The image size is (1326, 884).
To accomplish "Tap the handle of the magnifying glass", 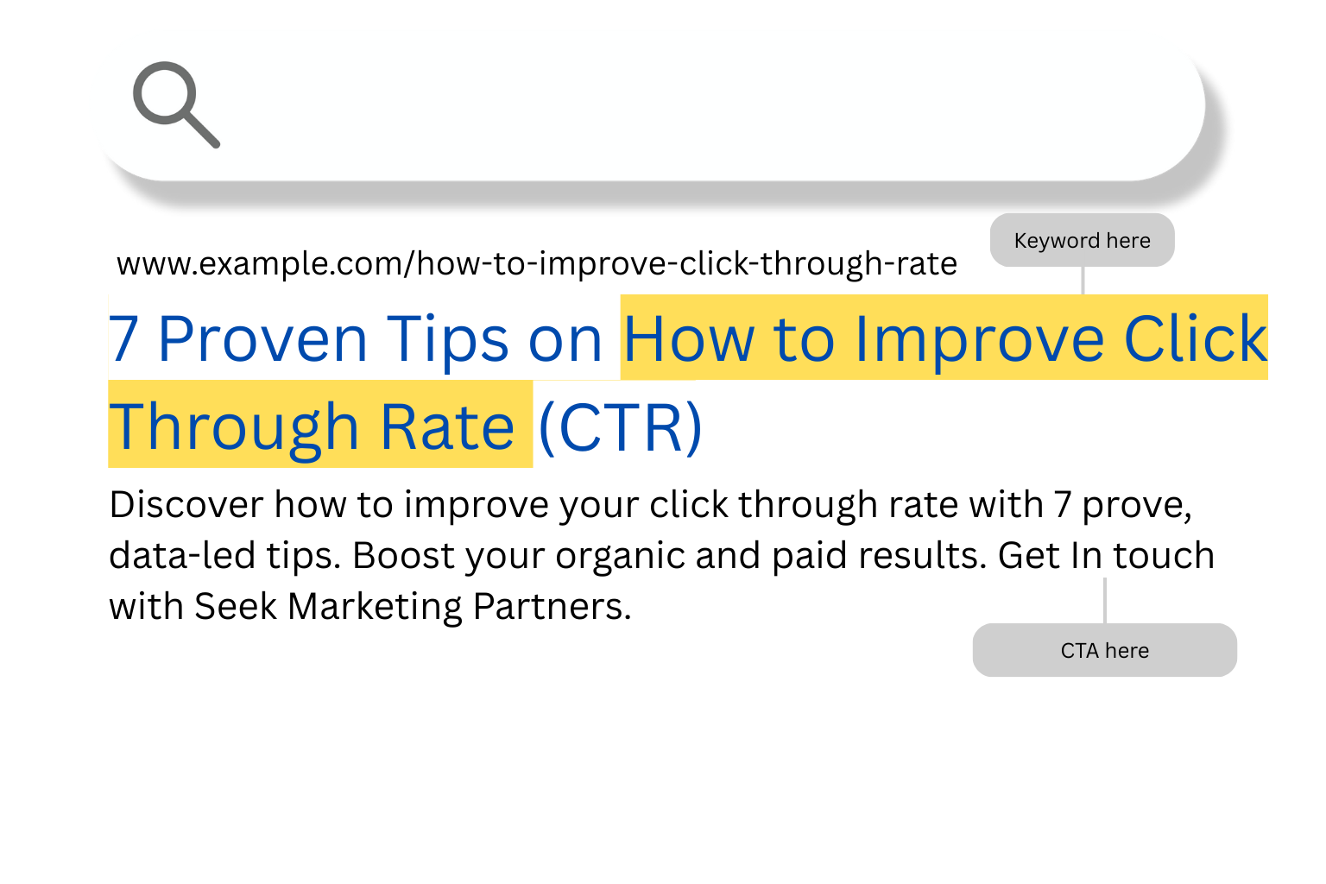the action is pos(201,129).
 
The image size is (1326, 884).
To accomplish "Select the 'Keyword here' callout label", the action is pos(1082,240).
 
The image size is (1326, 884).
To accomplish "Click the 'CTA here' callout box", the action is pos(1105,650).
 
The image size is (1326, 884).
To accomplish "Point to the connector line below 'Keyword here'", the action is pos(1083,281).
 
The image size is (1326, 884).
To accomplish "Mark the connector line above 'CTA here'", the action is pos(1105,600).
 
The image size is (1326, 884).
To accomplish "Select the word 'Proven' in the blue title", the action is pos(262,339).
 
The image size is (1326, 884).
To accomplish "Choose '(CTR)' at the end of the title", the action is pos(621,427).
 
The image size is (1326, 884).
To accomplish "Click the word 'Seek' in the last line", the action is pos(236,606).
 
